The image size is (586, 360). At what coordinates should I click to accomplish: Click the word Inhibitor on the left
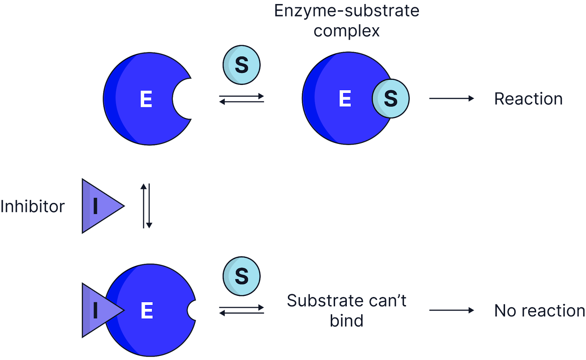[33, 207]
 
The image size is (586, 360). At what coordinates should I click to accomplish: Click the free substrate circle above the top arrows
[241, 65]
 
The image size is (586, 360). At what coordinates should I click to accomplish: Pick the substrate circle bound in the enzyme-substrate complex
[391, 99]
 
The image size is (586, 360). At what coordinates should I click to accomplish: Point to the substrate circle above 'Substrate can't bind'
[241, 276]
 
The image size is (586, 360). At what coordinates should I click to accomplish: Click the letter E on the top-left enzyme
[146, 99]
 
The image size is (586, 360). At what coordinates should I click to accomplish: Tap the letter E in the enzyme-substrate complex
[345, 99]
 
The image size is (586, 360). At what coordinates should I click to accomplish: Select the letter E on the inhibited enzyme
[147, 310]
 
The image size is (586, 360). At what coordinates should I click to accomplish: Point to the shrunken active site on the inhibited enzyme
[192, 310]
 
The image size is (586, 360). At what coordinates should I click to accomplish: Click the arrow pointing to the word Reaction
[452, 99]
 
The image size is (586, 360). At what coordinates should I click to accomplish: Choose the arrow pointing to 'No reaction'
[452, 310]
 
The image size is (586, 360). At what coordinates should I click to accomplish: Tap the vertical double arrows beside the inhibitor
[146, 206]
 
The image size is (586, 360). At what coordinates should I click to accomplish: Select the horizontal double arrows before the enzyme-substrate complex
[241, 99]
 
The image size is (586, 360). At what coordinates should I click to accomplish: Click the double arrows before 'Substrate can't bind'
[241, 310]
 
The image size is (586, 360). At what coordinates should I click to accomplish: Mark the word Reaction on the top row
[528, 99]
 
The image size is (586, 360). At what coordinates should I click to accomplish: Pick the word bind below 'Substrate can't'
[346, 320]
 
